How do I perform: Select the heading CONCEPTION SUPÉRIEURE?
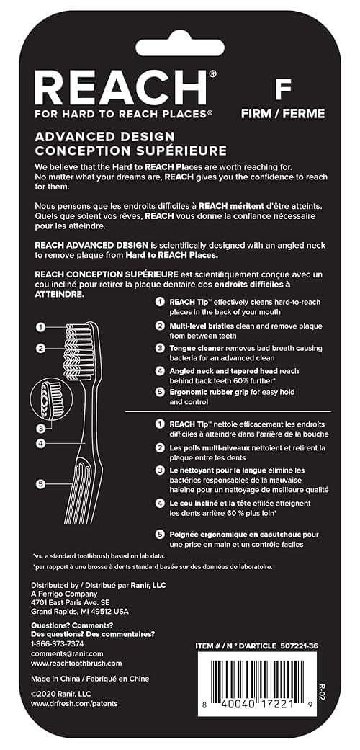click(120, 151)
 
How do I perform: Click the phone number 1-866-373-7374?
click(58, 643)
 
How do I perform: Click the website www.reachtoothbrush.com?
click(76, 663)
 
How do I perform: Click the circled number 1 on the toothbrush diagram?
click(42, 326)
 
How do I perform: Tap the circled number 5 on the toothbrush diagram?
click(42, 483)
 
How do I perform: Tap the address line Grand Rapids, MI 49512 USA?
click(80, 611)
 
